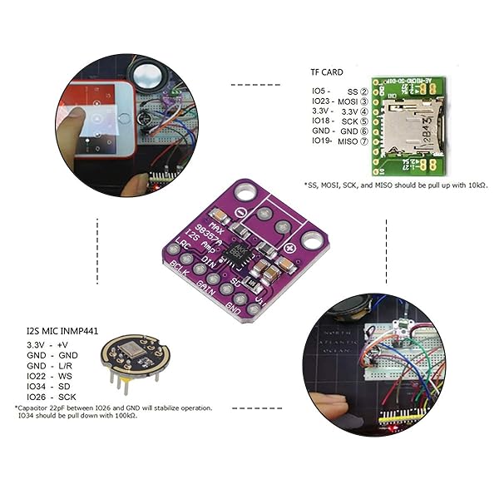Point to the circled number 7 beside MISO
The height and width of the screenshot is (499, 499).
tap(363, 141)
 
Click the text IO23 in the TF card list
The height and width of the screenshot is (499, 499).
tap(321, 101)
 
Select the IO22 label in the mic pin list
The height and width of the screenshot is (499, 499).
tap(36, 376)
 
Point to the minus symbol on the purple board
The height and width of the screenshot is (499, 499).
tap(240, 213)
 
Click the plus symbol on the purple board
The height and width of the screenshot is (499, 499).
tap(290, 248)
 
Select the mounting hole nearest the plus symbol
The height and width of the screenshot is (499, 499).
tap(311, 241)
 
